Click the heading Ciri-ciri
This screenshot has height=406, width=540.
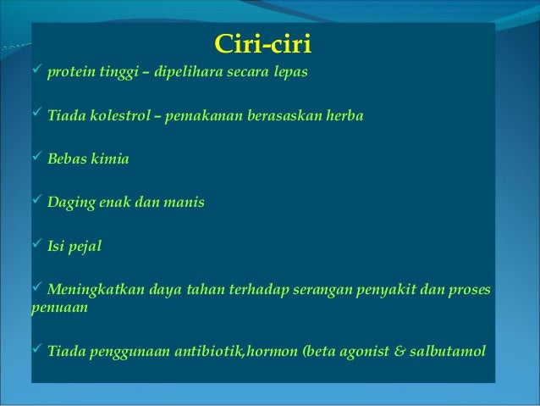(x=262, y=42)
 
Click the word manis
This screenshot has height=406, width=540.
(x=185, y=203)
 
